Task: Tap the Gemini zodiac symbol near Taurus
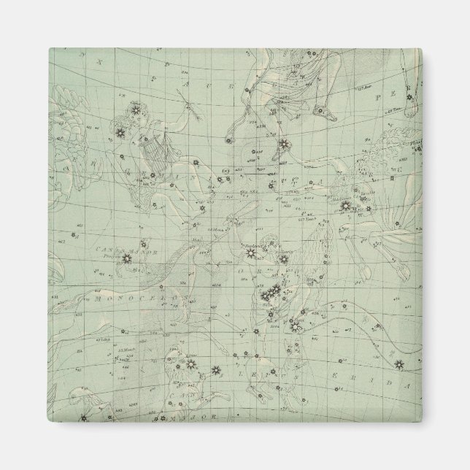point(395,177)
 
